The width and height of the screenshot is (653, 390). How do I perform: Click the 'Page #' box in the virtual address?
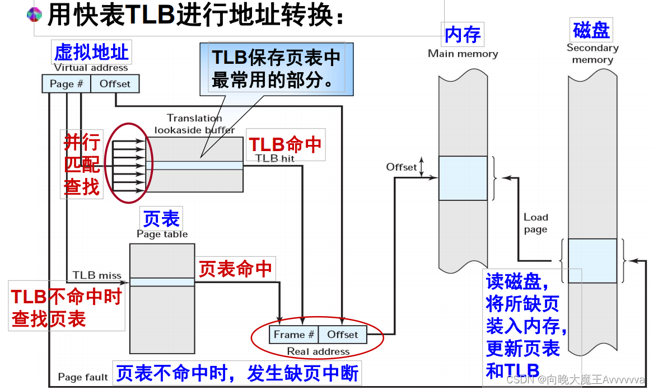[x=66, y=84]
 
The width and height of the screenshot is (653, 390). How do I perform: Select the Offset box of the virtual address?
[x=115, y=84]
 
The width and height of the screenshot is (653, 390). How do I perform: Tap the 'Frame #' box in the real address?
[x=294, y=335]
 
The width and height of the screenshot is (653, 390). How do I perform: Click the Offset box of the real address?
[x=342, y=335]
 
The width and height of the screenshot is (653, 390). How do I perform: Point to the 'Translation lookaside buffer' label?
[x=194, y=124]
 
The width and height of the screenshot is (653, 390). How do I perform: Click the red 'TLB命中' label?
[x=285, y=144]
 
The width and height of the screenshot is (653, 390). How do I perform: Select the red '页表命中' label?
[x=235, y=270]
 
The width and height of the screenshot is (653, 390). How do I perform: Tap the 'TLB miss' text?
[x=97, y=275]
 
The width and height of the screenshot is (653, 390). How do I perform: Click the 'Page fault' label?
[x=82, y=377]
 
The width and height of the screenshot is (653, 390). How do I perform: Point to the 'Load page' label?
[x=536, y=223]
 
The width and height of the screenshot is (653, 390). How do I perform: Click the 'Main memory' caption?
[x=463, y=54]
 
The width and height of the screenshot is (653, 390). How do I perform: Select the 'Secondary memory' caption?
[x=592, y=54]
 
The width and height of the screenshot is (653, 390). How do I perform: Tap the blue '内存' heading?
[x=463, y=35]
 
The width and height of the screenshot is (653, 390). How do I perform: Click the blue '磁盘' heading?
[x=591, y=30]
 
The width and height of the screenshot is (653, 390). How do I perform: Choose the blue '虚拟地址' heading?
[x=91, y=53]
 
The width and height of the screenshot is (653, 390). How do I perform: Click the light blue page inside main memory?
[x=463, y=178]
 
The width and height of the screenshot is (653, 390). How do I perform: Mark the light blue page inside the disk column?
[x=592, y=261]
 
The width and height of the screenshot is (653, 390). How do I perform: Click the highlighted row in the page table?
[x=162, y=282]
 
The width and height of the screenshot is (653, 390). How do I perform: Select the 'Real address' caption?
[x=318, y=351]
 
